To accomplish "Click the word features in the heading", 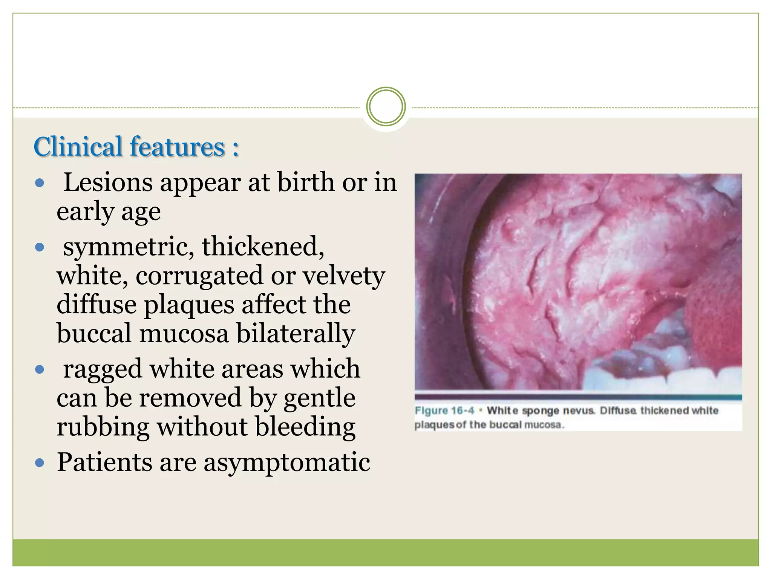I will click(x=177, y=147).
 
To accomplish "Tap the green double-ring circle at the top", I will click(x=386, y=107).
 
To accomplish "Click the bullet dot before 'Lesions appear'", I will click(x=40, y=184).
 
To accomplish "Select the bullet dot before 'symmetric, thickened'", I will click(x=40, y=248).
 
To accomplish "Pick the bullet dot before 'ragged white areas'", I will click(x=40, y=369).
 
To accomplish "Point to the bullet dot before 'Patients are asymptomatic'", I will click(x=40, y=463).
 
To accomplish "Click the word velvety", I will click(x=344, y=276).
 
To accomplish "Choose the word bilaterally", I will click(x=296, y=333).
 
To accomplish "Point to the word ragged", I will click(x=103, y=369).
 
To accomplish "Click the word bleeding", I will click(x=305, y=427).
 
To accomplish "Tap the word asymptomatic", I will click(x=287, y=463).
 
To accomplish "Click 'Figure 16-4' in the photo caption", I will click(x=444, y=411).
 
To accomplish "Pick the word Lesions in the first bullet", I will click(x=108, y=182).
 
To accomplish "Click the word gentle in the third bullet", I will click(x=319, y=398).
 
